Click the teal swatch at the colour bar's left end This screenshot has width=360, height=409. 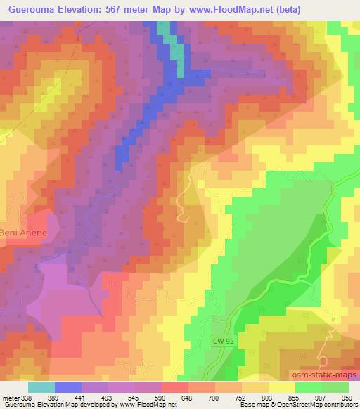point(41,387)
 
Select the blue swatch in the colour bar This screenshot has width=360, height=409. point(68,387)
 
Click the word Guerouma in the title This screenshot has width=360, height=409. point(30,10)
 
